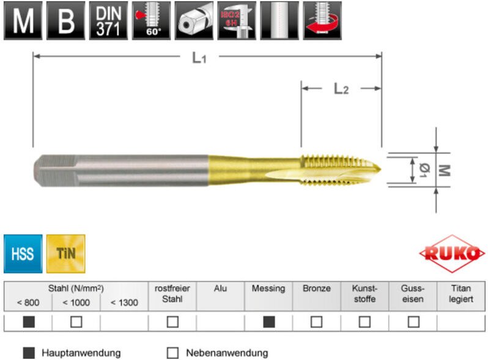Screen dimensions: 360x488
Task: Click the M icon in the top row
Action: [23, 20]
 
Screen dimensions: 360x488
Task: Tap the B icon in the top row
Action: [65, 20]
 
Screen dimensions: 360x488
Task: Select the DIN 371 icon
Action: [108, 20]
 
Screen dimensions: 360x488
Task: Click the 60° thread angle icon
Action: [150, 20]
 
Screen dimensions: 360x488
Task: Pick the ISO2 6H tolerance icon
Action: [236, 20]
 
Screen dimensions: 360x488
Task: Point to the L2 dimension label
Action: [341, 89]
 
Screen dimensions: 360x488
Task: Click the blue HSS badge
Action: [23, 253]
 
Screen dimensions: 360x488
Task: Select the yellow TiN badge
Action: [65, 253]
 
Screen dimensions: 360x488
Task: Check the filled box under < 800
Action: [28, 322]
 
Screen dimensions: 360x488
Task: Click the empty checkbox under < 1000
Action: [76, 322]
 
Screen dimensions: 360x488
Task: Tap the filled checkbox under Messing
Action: [268, 322]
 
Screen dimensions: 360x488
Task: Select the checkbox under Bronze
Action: [317, 322]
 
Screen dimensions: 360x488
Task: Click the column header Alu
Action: [220, 288]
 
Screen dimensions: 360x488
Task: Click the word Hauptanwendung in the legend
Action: [81, 353]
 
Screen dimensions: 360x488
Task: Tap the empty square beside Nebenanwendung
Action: [172, 353]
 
